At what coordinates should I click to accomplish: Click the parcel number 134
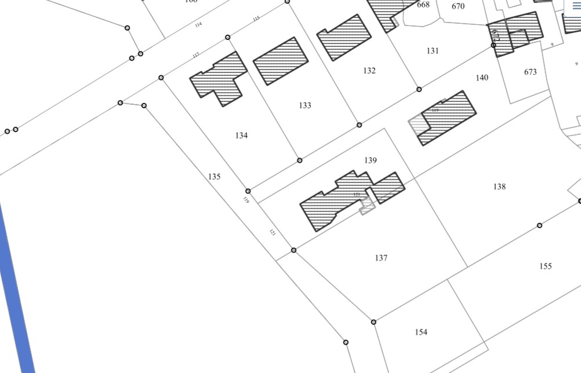click(242, 136)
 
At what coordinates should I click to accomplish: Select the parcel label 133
click(305, 105)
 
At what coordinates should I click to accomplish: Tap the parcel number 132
click(369, 71)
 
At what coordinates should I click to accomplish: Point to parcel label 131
click(433, 51)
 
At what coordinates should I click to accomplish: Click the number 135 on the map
click(215, 177)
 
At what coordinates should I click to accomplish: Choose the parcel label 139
click(371, 160)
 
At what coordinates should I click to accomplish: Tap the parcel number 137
click(381, 258)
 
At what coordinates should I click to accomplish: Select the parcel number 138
click(499, 186)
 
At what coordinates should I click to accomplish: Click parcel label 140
click(482, 78)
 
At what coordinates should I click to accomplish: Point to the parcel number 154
click(421, 332)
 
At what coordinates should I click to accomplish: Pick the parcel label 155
click(545, 266)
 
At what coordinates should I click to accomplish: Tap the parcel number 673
click(530, 72)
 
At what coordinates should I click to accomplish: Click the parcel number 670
click(458, 6)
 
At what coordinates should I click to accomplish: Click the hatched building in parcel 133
click(281, 61)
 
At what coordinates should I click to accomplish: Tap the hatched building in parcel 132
click(344, 37)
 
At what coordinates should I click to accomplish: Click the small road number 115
click(256, 19)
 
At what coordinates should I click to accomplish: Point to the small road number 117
click(196, 56)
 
